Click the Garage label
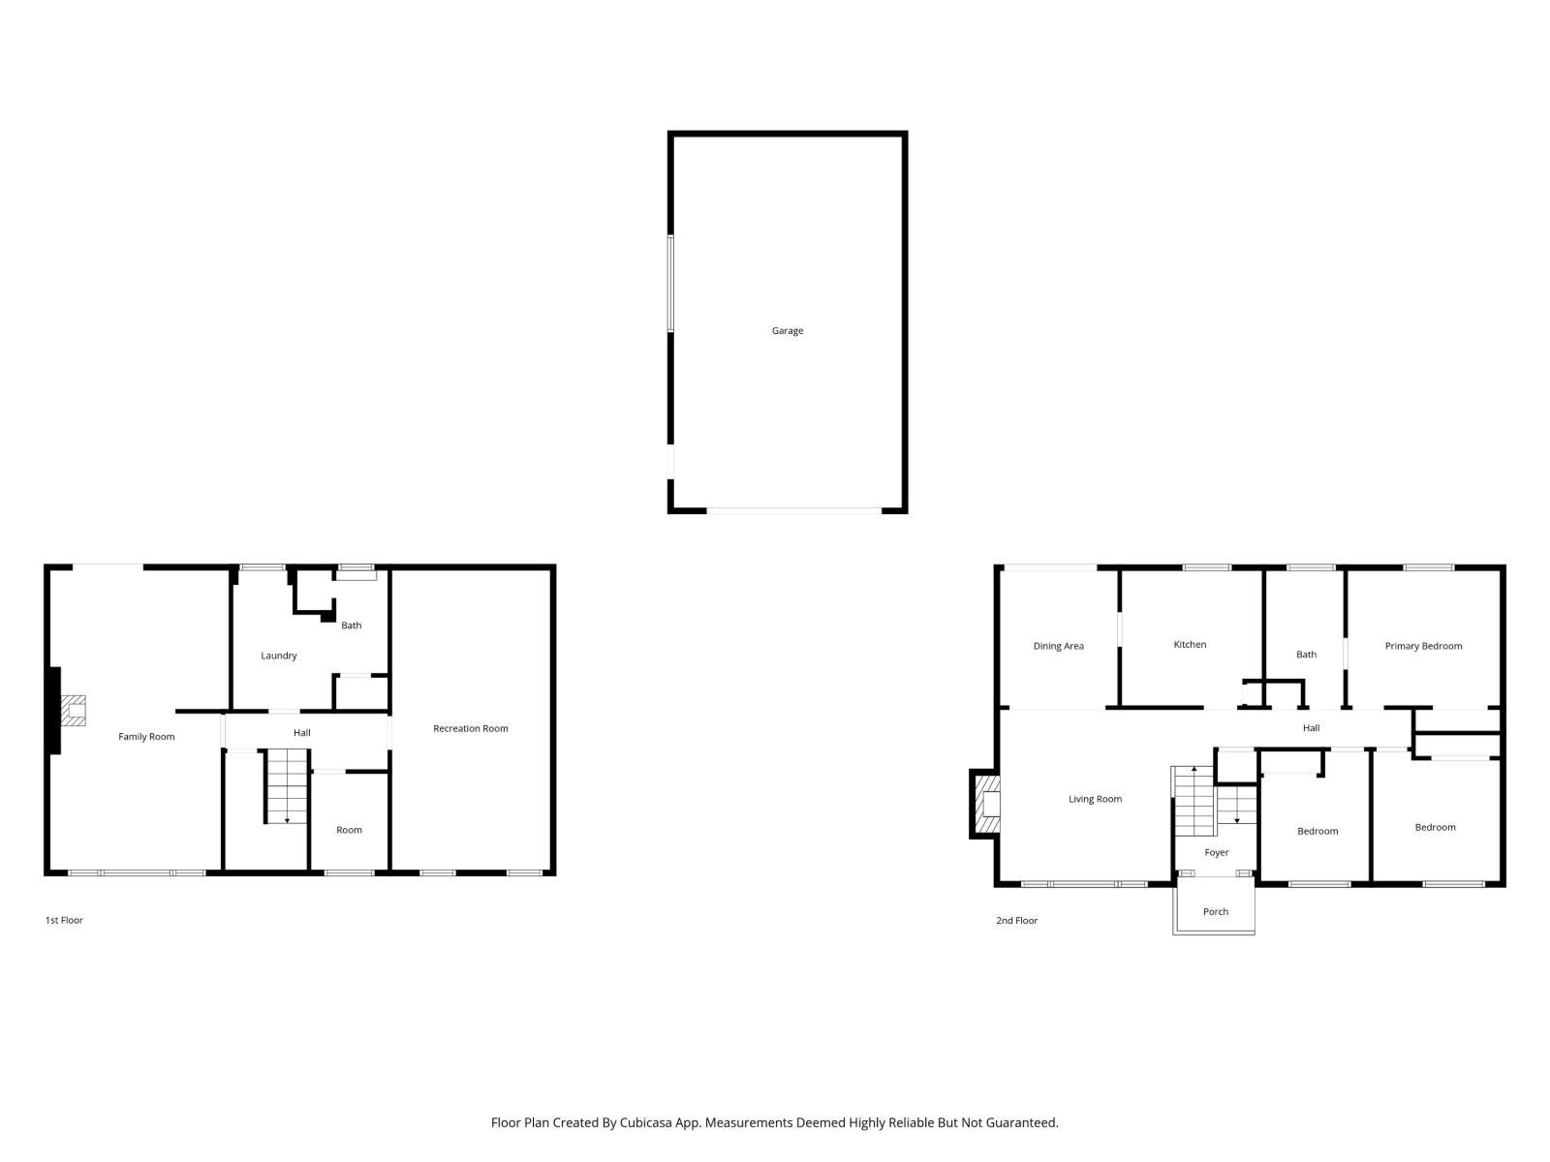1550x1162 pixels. click(787, 331)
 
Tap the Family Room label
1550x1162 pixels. click(146, 737)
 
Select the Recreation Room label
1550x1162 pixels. click(470, 729)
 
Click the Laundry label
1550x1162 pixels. click(278, 657)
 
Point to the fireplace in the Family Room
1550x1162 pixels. click(73, 712)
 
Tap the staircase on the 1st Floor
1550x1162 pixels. click(287, 786)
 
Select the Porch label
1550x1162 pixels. click(1215, 912)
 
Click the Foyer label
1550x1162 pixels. click(1216, 853)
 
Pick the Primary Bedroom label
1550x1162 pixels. click(1423, 647)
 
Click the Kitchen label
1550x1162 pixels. click(1190, 645)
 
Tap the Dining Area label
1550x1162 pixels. click(1058, 647)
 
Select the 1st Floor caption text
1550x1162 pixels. click(64, 921)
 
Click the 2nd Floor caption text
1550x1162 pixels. click(1016, 921)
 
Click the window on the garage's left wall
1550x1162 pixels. click(669, 284)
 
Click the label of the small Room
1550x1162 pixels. click(349, 831)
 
